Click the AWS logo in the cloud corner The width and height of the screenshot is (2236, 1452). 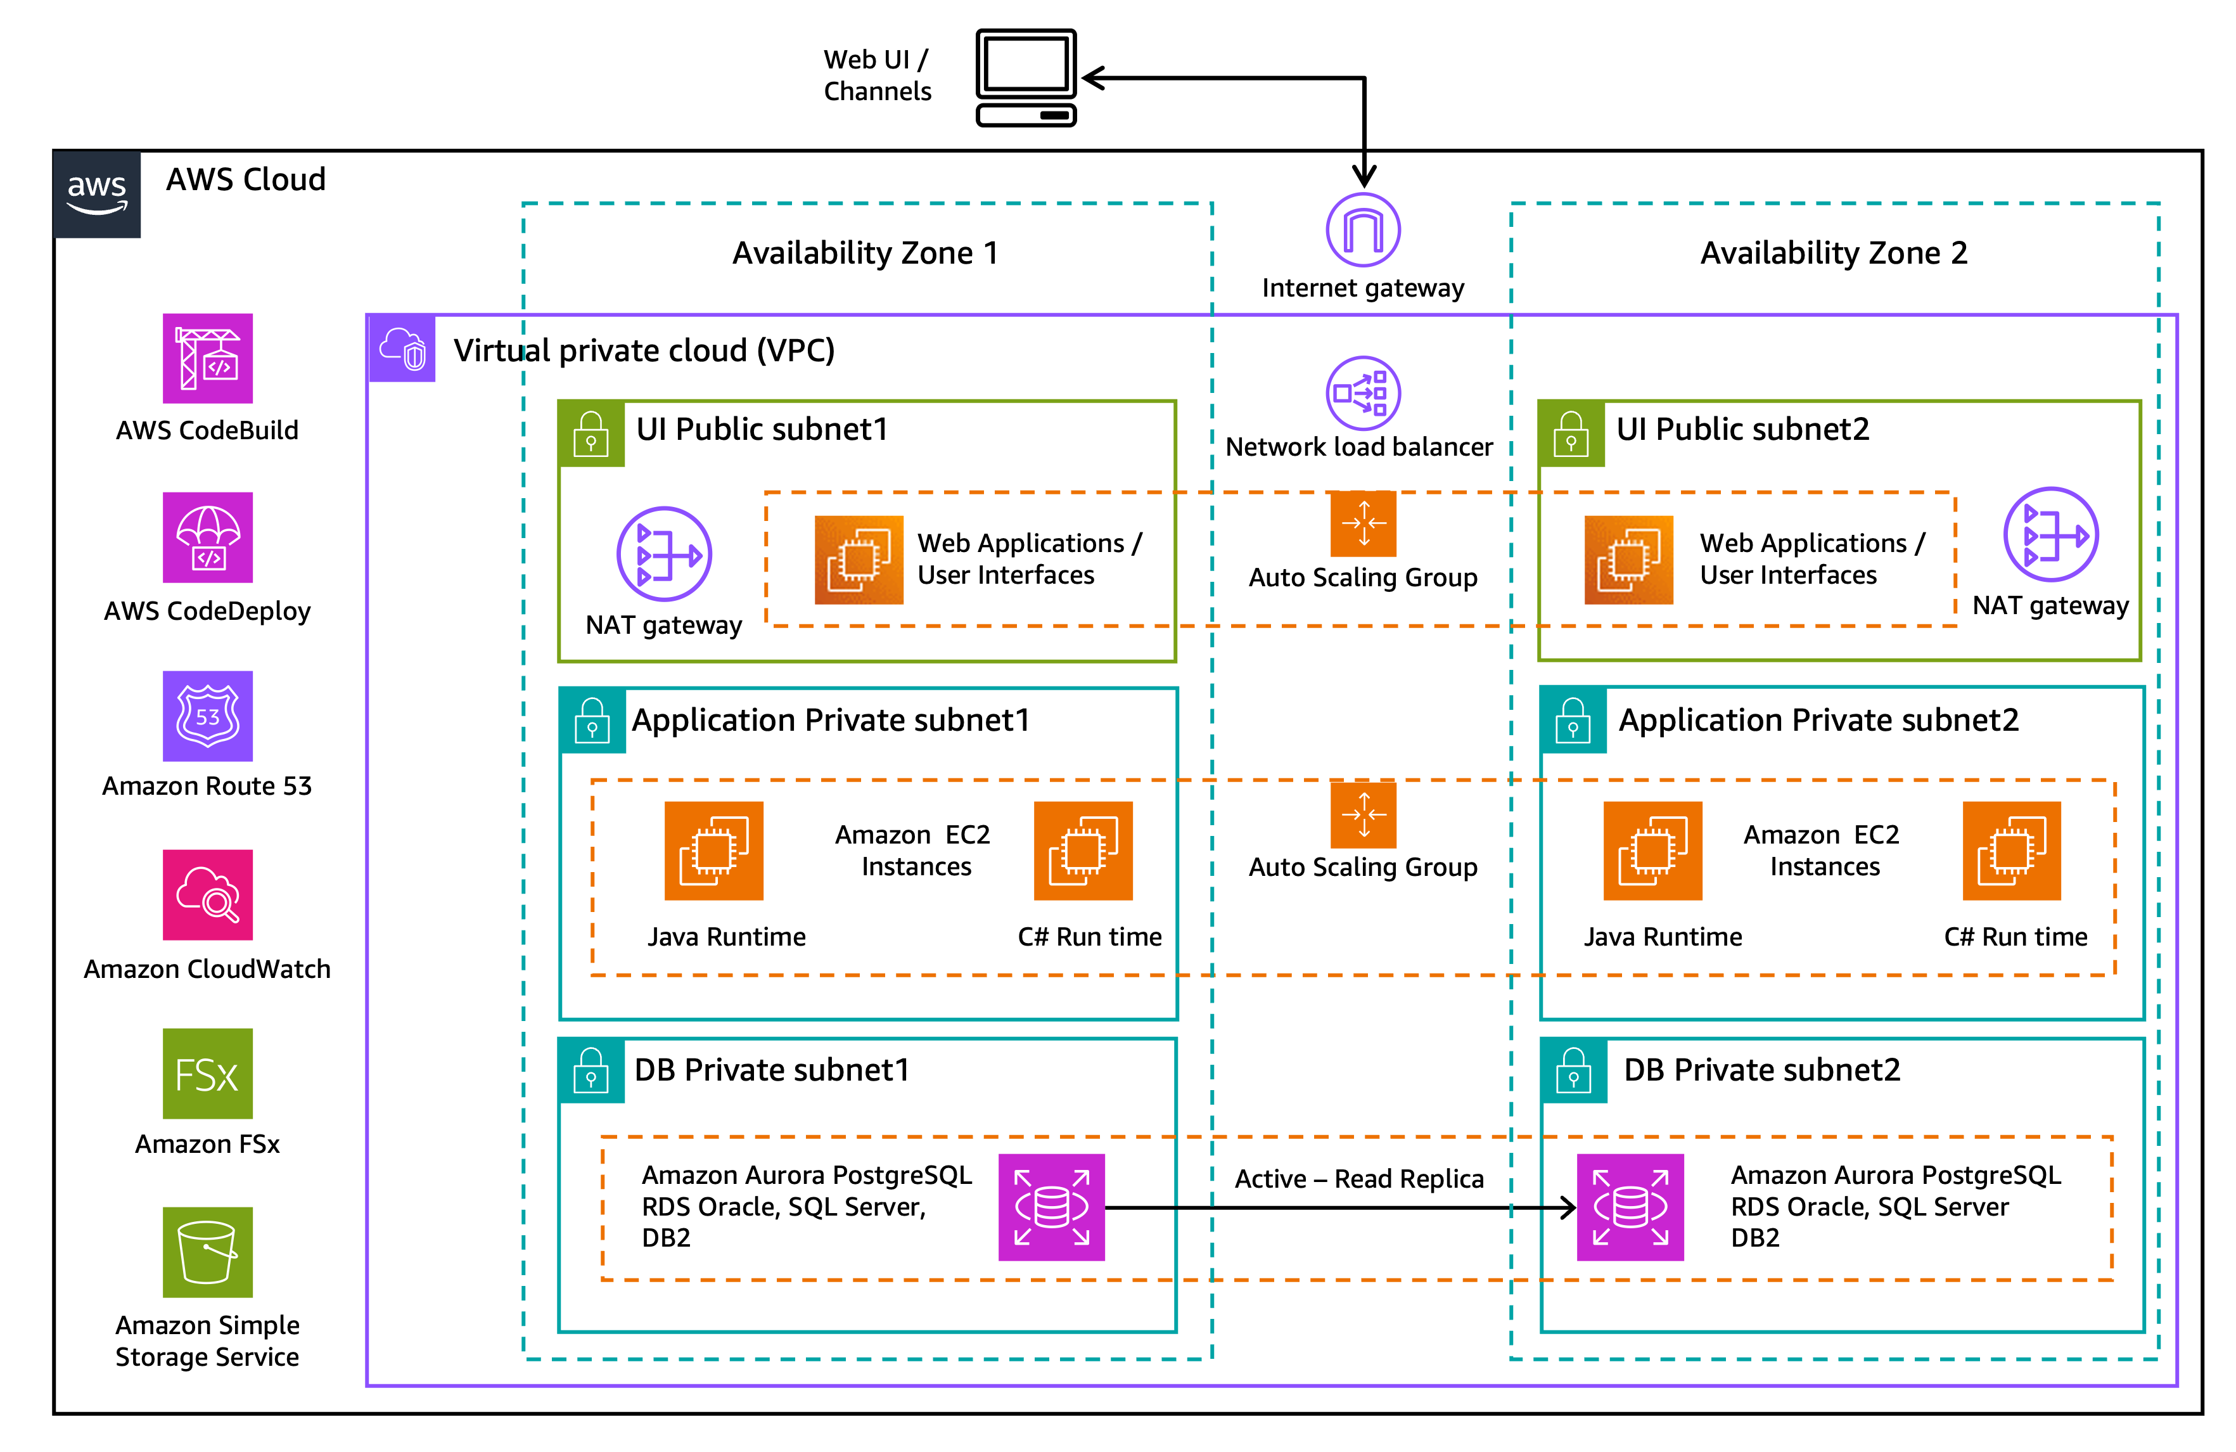point(97,193)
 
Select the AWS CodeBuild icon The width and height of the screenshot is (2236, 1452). point(208,358)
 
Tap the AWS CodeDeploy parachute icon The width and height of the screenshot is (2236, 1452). point(208,537)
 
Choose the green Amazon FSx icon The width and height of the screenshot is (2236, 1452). point(208,1072)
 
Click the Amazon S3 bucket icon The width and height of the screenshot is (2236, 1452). point(208,1251)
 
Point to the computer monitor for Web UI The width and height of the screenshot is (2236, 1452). point(1026,77)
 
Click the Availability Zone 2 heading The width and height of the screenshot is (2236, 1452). point(1833,253)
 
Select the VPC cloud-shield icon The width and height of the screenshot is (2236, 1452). point(403,349)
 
